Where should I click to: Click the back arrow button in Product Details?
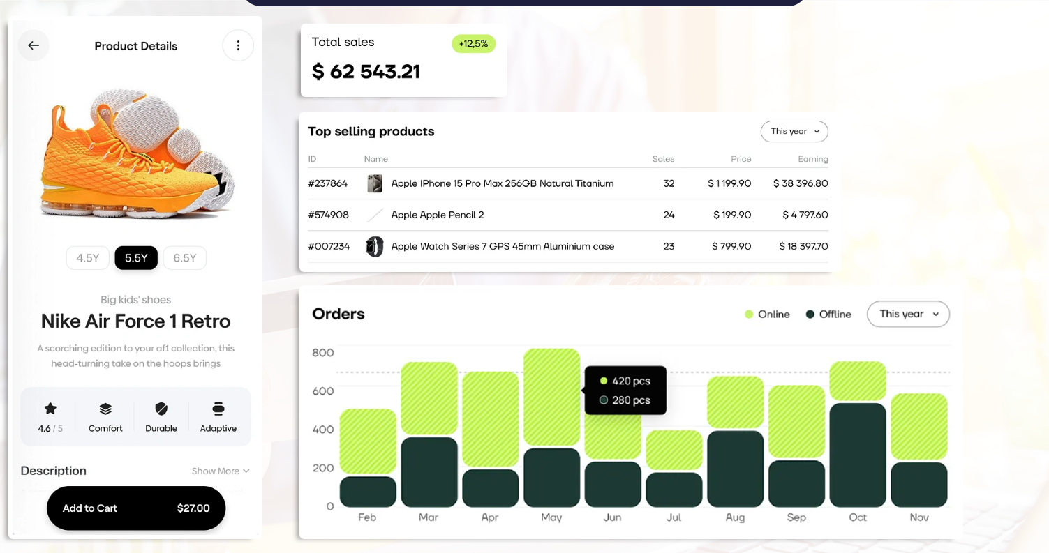coord(34,46)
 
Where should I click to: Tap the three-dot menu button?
coord(238,46)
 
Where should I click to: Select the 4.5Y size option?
coord(88,258)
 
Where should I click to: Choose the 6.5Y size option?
coord(185,258)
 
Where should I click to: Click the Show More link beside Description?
coord(221,471)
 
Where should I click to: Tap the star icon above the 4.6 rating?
coord(50,409)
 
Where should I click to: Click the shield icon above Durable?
coord(161,409)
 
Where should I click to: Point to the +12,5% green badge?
coord(474,44)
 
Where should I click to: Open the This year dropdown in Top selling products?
coord(794,131)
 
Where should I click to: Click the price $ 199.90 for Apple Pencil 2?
coord(731,215)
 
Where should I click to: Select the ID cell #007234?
coord(329,246)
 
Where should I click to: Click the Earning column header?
coord(813,159)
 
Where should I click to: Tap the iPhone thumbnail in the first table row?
coord(375,184)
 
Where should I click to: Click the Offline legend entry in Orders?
coord(828,315)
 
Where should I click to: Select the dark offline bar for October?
coord(858,455)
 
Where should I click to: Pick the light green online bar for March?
coord(429,398)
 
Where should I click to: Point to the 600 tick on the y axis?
coord(323,391)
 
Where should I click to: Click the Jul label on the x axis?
coord(674,517)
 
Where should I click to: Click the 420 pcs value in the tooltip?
coord(631,381)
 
